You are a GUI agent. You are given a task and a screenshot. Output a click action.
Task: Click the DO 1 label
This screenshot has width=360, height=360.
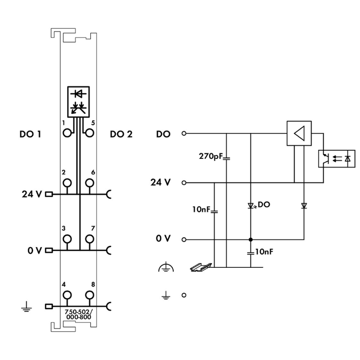tap(30, 134)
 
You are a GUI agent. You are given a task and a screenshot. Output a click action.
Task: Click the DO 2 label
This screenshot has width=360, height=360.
tap(121, 134)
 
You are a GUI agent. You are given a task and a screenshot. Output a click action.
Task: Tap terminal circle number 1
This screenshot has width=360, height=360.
tap(67, 133)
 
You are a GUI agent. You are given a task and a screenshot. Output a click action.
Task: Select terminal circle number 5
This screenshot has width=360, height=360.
tap(90, 133)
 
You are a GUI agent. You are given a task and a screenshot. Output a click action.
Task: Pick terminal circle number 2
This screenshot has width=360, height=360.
tap(67, 183)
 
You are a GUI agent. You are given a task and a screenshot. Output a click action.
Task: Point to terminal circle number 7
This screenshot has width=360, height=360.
tap(90, 239)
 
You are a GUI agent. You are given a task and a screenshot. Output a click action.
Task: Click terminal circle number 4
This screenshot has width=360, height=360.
tap(67, 295)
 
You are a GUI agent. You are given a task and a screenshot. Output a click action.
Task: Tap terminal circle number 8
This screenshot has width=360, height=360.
tap(90, 295)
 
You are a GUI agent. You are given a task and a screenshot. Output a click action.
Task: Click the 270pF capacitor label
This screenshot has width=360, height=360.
tap(211, 156)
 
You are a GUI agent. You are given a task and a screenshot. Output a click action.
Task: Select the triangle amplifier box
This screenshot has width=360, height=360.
tap(299, 133)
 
